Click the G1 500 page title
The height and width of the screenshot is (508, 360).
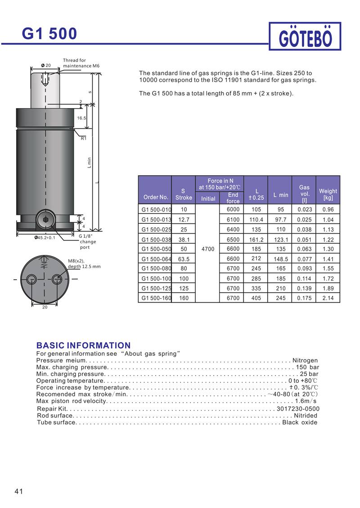49,34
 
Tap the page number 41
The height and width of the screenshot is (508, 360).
18,491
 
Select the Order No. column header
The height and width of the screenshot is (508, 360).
156,197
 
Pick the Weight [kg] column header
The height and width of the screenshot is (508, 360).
328,194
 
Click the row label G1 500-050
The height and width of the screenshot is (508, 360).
156,249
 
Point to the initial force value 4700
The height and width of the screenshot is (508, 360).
208,249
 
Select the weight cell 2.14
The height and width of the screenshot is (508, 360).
328,298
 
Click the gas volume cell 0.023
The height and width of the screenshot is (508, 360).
305,209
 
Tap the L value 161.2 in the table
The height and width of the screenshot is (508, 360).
256,240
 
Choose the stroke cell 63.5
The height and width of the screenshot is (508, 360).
184,259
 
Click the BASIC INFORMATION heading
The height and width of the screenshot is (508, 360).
83,345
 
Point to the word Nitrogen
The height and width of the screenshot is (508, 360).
305,360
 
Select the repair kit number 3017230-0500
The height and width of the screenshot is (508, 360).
298,408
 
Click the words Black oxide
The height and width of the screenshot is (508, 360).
300,422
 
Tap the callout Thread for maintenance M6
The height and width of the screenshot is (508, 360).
81,63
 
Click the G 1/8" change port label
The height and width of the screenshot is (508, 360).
87,241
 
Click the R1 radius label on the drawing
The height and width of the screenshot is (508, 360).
83,139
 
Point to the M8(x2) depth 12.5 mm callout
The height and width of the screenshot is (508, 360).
84,263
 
